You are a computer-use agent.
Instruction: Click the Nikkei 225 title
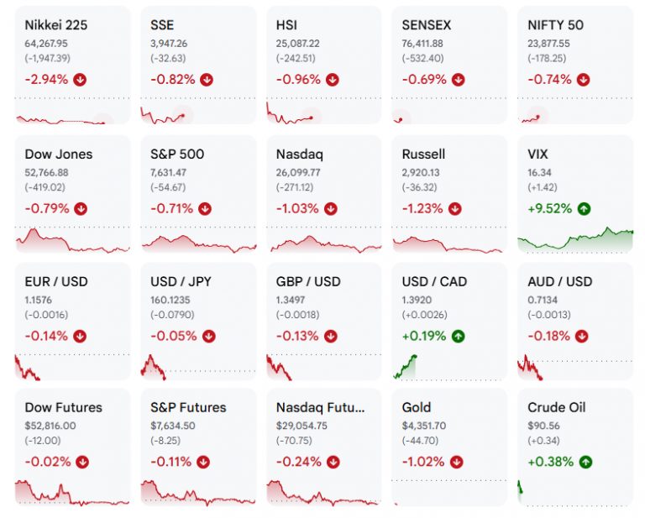pos(56,25)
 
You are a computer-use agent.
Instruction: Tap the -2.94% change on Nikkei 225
pos(46,80)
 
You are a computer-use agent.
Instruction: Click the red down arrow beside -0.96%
pos(333,80)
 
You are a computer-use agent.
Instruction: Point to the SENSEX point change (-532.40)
pos(422,59)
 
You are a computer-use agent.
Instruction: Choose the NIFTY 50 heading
pos(555,25)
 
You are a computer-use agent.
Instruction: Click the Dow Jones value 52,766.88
pos(46,173)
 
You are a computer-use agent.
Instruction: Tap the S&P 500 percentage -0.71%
pos(171,209)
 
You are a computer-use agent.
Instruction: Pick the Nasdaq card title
pos(300,154)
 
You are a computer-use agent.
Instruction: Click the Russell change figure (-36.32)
pos(419,187)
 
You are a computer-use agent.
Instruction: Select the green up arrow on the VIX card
pos(584,209)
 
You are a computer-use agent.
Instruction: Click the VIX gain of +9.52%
pos(549,209)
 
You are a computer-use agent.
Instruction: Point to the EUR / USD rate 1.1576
pos(39,300)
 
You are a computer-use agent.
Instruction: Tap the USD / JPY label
pos(181,281)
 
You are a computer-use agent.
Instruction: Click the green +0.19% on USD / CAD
pos(423,337)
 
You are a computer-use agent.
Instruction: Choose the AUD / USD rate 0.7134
pos(543,300)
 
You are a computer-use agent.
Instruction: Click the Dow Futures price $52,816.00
pos(50,426)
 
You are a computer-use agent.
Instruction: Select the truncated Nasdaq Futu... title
pos(320,407)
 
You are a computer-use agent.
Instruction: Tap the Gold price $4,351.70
pos(423,426)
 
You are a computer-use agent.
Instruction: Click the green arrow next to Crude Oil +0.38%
pos(585,462)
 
